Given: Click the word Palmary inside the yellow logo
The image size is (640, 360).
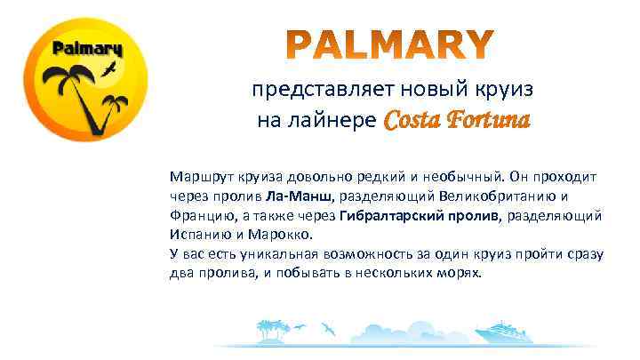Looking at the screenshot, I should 87,47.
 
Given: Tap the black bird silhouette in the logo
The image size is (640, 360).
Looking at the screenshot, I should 110,68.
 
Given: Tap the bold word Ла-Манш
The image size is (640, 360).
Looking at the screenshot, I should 304,196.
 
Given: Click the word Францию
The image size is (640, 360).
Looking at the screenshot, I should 198,216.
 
